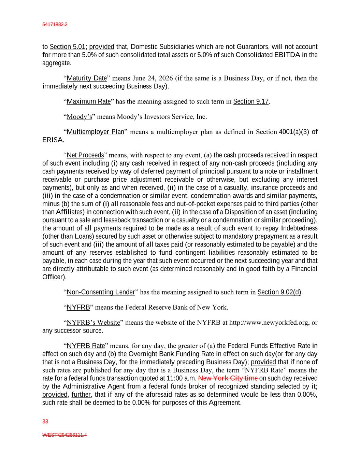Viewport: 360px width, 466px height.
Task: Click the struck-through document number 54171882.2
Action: tap(55, 25)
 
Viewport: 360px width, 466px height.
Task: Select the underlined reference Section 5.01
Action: tap(67, 47)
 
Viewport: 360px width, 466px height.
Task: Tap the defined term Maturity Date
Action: tap(87, 78)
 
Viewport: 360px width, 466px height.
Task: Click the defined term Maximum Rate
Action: tap(89, 101)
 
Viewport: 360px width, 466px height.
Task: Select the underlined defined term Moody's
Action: tap(79, 117)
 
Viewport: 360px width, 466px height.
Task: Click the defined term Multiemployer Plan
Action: tap(95, 132)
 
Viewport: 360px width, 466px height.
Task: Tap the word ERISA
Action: tap(53, 140)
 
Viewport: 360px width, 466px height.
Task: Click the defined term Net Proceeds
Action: tap(85, 155)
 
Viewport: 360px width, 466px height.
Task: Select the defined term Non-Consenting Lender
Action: tap(101, 292)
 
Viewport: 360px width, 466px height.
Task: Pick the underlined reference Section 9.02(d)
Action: tap(279, 292)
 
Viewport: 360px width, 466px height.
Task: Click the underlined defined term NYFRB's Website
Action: tap(93, 323)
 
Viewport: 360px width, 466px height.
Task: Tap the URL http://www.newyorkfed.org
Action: tap(269, 323)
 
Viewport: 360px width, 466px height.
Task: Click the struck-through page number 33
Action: tap(45, 422)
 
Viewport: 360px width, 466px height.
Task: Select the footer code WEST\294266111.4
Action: tap(64, 435)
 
